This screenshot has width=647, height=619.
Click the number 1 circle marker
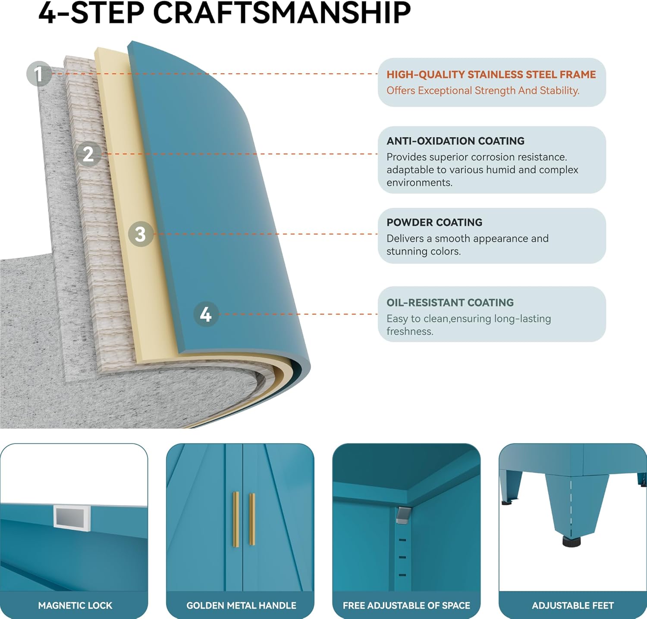[x=39, y=74]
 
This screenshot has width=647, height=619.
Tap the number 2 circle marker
[x=88, y=154]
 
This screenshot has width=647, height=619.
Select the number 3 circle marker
[x=141, y=234]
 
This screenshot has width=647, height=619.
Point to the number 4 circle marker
[x=206, y=314]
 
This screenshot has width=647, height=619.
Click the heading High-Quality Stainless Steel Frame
[x=491, y=75]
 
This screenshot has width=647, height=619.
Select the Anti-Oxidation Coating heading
[x=455, y=141]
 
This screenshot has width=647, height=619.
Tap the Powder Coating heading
[x=434, y=222]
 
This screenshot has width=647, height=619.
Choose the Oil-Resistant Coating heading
[x=450, y=303]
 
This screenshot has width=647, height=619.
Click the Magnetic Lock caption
[x=75, y=606]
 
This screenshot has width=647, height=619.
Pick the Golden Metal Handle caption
[x=241, y=606]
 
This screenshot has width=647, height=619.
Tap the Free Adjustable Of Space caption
[x=406, y=606]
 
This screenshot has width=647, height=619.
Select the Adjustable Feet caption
[x=573, y=606]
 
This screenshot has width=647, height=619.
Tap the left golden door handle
[x=236, y=519]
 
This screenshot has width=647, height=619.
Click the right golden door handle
[x=252, y=519]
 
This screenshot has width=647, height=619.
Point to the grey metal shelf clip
[x=402, y=515]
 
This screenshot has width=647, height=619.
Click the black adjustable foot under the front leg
[x=572, y=541]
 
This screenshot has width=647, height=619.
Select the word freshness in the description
[x=409, y=331]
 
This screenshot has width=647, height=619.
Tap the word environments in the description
[x=419, y=183]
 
